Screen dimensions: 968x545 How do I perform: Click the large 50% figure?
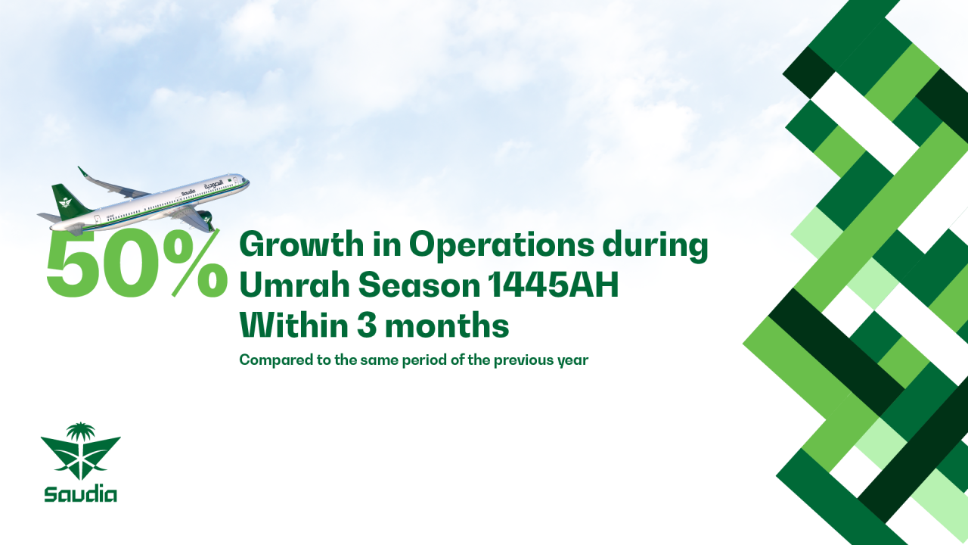pyautogui.click(x=137, y=264)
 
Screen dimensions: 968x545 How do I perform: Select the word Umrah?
pyautogui.click(x=294, y=285)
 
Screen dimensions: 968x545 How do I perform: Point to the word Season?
pyautogui.click(x=419, y=285)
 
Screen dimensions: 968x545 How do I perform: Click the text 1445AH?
pyautogui.click(x=553, y=285)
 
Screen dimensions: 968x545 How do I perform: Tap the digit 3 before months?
pyautogui.click(x=367, y=325)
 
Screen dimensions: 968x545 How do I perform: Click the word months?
pyautogui.click(x=447, y=325)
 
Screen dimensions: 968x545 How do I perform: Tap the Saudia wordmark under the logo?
pyautogui.click(x=80, y=494)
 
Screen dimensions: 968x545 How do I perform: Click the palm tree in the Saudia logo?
pyautogui.click(x=80, y=431)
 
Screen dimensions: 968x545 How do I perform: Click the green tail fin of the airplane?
pyautogui.click(x=68, y=202)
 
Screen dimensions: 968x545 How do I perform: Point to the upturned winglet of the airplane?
pyautogui.click(x=83, y=172)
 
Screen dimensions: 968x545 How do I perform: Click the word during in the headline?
pyautogui.click(x=655, y=246)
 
